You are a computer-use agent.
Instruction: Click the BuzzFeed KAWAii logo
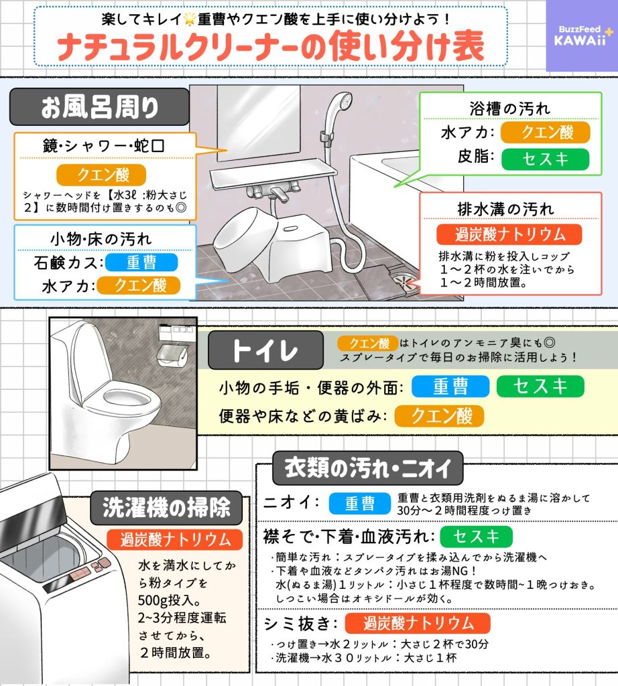pos(581,36)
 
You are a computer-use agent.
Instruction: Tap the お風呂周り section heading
pos(99,107)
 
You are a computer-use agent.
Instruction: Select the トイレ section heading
pos(265,350)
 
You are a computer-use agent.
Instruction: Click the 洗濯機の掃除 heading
pos(166,508)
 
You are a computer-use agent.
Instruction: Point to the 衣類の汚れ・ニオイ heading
pos(367,468)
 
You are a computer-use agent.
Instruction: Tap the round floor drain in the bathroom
pos(404,281)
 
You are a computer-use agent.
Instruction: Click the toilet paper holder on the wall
pos(172,355)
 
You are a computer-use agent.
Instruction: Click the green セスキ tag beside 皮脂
pos(546,159)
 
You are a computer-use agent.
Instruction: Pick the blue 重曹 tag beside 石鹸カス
pos(141,263)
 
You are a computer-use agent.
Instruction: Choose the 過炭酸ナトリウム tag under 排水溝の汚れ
pos(509,234)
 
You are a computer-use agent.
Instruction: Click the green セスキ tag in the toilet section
pos(540,387)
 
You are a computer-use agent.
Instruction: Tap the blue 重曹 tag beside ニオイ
pos(360,503)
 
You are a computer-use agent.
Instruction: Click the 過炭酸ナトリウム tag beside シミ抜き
pos(418,624)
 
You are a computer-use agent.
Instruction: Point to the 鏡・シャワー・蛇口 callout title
pos(104,146)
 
